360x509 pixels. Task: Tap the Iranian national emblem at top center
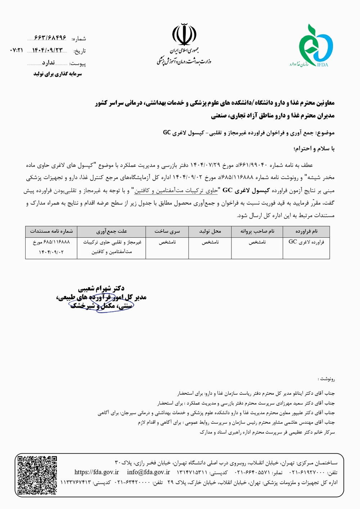(184, 34)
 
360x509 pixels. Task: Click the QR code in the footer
(37, 475)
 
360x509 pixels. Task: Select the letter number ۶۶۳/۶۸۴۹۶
(50, 38)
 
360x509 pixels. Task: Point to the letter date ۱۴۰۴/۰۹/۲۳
(47, 50)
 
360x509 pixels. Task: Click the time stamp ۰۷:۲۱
(17, 50)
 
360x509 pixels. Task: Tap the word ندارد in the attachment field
(48, 63)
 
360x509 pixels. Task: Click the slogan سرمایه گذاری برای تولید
(58, 74)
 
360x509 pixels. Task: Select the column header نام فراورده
(306, 231)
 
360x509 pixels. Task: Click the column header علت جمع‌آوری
(112, 231)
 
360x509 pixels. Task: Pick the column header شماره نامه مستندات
(51, 231)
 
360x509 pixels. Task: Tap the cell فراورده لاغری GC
(306, 242)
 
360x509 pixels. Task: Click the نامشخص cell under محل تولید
(210, 242)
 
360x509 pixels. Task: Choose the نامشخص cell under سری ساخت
(167, 242)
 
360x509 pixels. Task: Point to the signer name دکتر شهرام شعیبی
(101, 289)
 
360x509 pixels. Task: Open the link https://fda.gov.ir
(96, 472)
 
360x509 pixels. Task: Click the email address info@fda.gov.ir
(148, 472)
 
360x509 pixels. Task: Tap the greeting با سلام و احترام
(314, 148)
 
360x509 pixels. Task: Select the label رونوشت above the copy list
(327, 379)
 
